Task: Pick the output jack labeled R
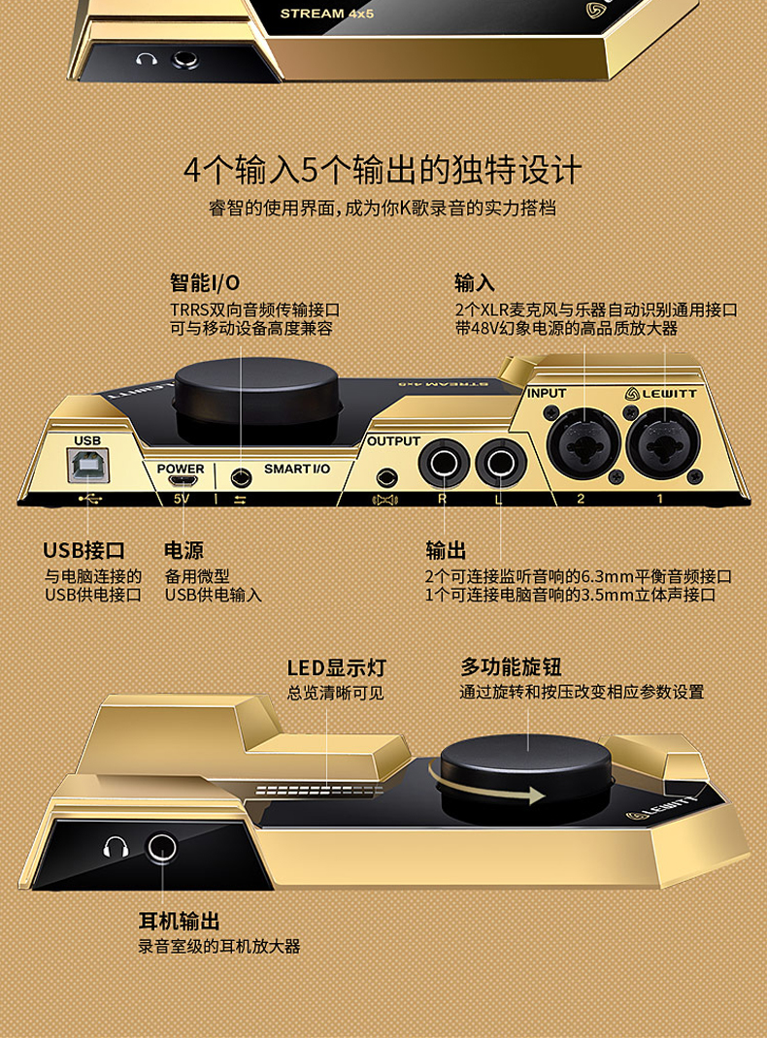(443, 465)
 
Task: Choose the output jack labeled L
(500, 465)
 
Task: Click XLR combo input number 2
(584, 446)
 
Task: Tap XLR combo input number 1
(663, 446)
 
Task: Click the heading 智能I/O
(205, 283)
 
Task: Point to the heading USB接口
(83, 551)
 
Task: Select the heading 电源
(183, 551)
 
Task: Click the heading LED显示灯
(336, 667)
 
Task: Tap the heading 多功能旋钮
(511, 667)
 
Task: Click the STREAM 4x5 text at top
(326, 14)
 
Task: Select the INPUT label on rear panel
(546, 394)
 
